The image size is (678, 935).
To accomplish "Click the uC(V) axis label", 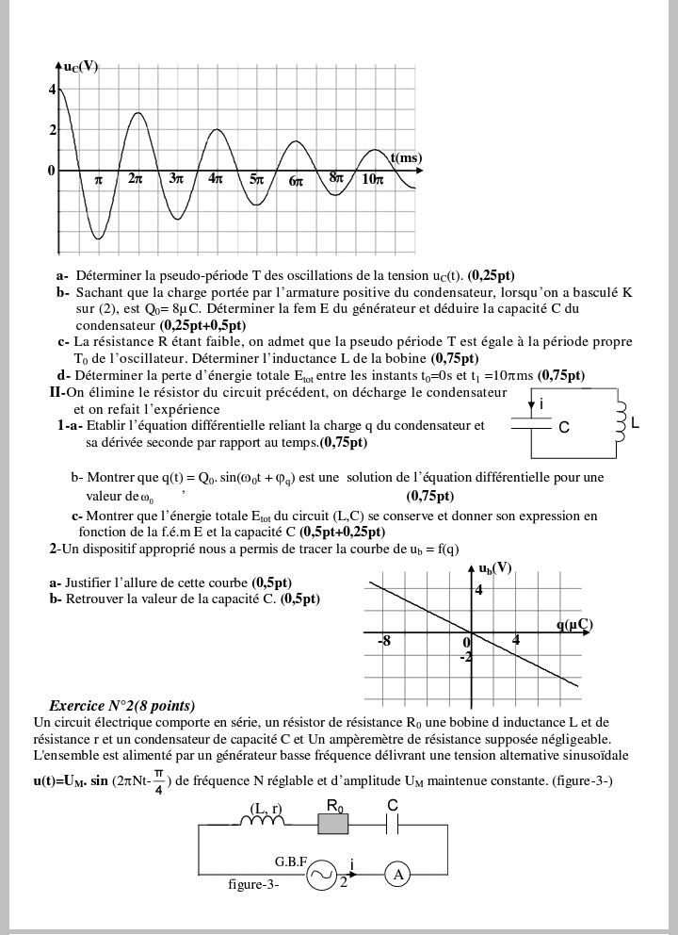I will click(x=81, y=67).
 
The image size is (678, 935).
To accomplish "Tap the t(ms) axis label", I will click(x=406, y=157).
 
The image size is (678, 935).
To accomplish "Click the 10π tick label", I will click(x=372, y=178).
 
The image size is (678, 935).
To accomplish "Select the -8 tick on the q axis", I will click(x=384, y=641).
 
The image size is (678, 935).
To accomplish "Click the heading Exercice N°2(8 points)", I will click(x=122, y=705).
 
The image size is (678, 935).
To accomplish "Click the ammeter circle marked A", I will click(x=398, y=875).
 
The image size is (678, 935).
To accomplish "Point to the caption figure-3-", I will click(x=253, y=884).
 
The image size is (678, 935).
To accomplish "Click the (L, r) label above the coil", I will click(x=266, y=808).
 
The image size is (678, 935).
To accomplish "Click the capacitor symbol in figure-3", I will click(x=394, y=824).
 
